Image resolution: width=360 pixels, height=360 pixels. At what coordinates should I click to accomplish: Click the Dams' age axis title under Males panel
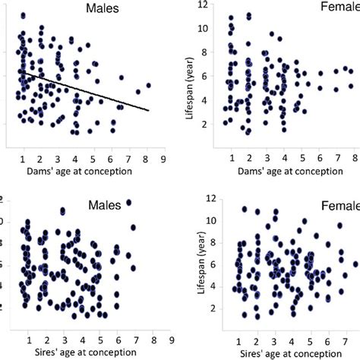(73, 170)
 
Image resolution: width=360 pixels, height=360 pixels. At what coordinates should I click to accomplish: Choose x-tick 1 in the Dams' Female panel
(230, 157)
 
